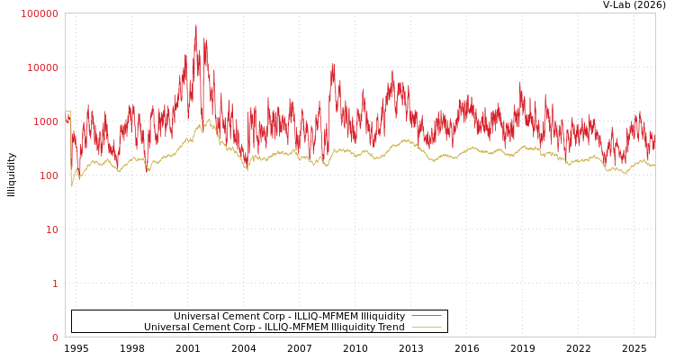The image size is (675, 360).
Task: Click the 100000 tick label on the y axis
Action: tap(40, 13)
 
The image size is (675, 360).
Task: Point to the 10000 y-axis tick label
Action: tap(42, 67)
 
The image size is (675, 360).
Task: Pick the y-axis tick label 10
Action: tap(51, 229)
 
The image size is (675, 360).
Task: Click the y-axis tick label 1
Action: tap(55, 283)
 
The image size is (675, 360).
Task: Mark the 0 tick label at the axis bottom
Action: tap(55, 337)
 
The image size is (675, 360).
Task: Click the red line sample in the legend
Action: tap(426, 316)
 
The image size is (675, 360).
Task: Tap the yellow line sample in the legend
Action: tap(426, 327)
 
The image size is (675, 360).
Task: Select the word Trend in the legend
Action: tap(390, 327)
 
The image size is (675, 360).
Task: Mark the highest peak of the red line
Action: tap(196, 25)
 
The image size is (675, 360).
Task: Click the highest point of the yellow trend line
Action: tap(209, 119)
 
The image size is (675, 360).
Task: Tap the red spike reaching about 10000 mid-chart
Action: tap(332, 65)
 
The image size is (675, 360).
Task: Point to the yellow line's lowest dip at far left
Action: tap(72, 185)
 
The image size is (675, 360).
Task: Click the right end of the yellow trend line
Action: tap(654, 165)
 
